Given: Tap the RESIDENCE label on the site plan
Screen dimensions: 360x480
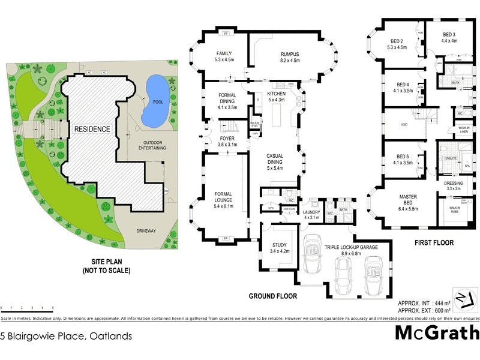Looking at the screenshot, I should pyautogui.click(x=92, y=129).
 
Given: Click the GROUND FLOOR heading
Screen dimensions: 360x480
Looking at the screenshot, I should pyautogui.click(x=274, y=296).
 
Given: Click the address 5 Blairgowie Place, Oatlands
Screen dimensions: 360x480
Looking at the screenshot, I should pyautogui.click(x=66, y=337).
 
